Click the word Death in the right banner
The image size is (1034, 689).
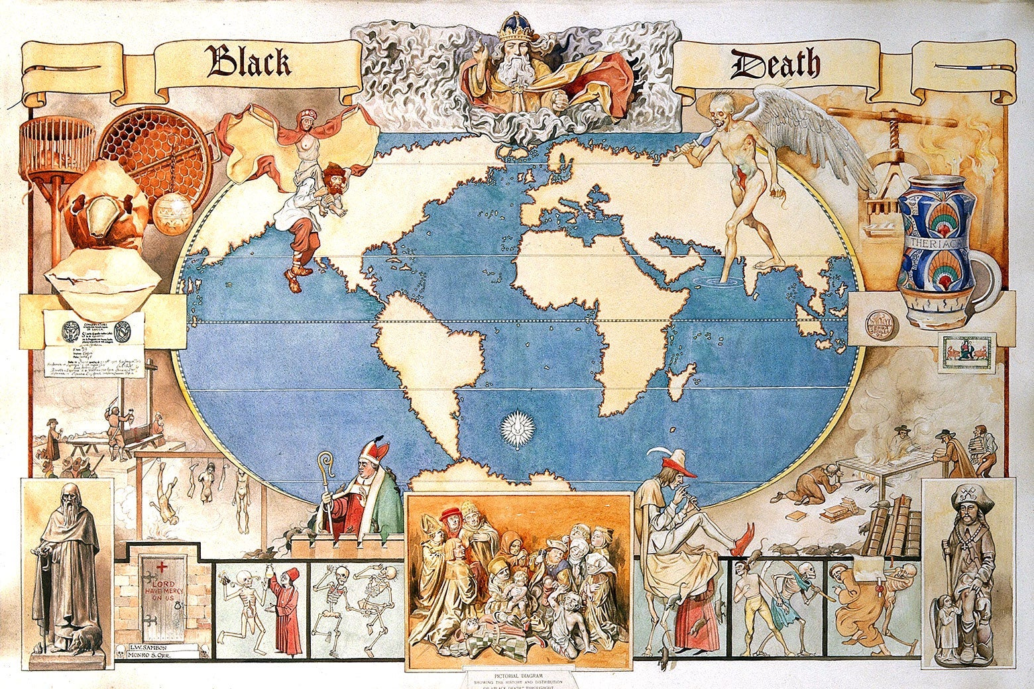775,65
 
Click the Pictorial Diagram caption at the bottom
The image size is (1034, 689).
517,675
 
